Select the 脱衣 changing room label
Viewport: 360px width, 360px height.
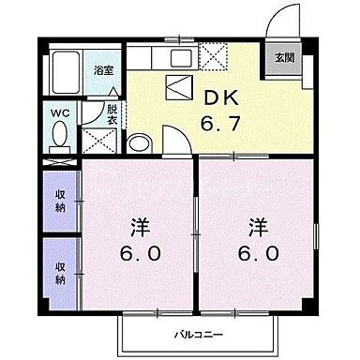pos(112,115)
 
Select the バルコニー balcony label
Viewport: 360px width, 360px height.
pos(197,335)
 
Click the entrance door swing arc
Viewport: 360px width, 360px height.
pos(277,21)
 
